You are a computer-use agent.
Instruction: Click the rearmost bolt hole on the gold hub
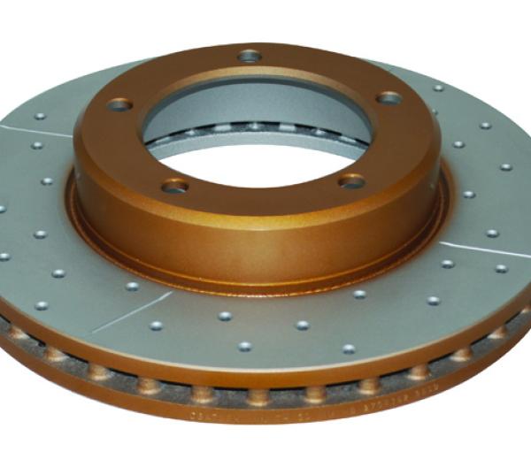[250, 56]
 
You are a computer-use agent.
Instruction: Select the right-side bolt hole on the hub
[389, 97]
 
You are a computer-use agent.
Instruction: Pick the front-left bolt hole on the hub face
[176, 185]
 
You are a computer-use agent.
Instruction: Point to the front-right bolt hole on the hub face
[352, 180]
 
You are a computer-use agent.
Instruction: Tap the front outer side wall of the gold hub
[265, 239]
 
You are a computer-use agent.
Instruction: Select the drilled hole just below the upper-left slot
[37, 144]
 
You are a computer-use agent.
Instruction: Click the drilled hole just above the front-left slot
[133, 286]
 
